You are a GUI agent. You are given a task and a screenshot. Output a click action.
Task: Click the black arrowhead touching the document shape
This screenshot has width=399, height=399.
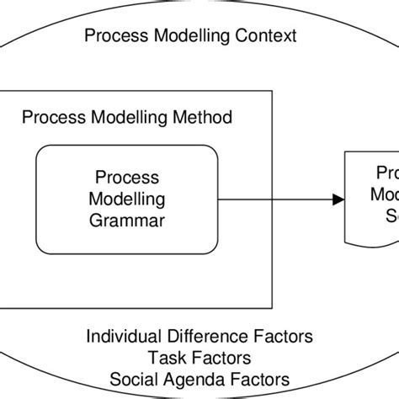click(338, 199)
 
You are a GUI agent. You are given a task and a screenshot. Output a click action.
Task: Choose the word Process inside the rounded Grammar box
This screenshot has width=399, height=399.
click(129, 178)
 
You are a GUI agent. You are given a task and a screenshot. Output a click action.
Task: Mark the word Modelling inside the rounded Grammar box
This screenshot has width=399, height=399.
click(129, 199)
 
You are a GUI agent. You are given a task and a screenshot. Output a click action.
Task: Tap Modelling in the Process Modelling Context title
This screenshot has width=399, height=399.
click(189, 37)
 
